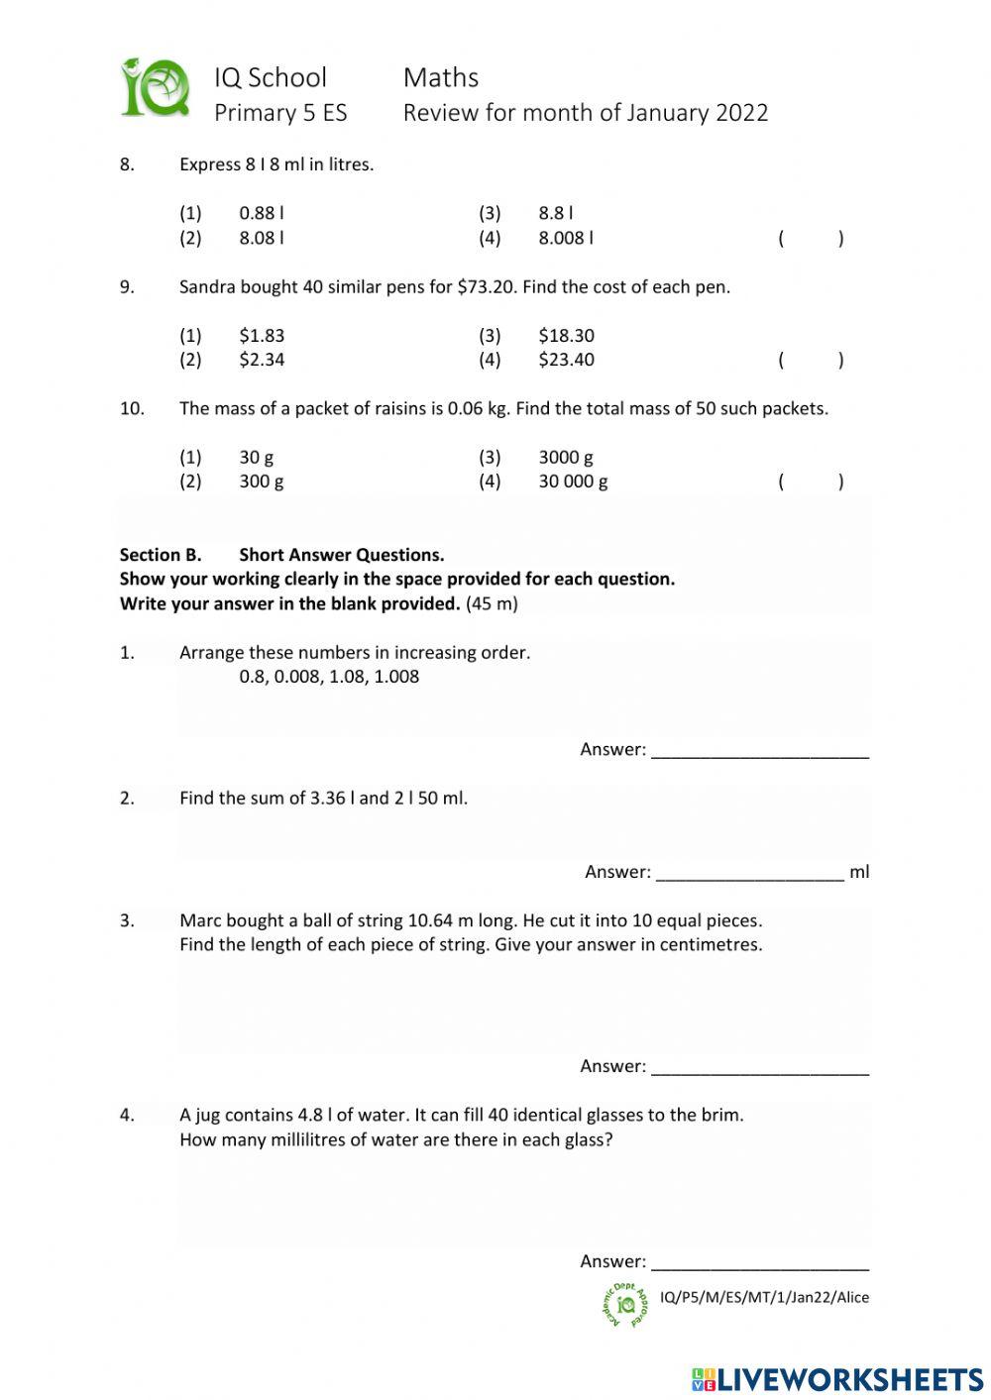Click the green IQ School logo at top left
click(x=156, y=89)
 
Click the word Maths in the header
click(x=441, y=78)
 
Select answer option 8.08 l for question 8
click(x=262, y=238)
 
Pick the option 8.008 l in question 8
click(x=566, y=238)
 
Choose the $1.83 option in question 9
click(x=262, y=336)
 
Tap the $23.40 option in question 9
click(x=566, y=360)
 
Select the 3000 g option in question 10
click(x=566, y=457)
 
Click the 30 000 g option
click(x=573, y=482)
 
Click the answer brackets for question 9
click(x=811, y=360)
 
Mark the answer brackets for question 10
click(x=811, y=482)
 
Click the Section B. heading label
click(x=161, y=555)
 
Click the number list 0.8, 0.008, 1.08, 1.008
click(x=329, y=677)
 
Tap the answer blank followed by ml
click(x=749, y=874)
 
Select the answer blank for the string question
click(x=760, y=1068)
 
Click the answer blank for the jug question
click(x=760, y=1263)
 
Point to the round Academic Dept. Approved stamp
click(x=625, y=1305)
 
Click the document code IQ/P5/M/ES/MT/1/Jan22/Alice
click(x=764, y=1297)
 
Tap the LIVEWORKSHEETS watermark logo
click(x=837, y=1379)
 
